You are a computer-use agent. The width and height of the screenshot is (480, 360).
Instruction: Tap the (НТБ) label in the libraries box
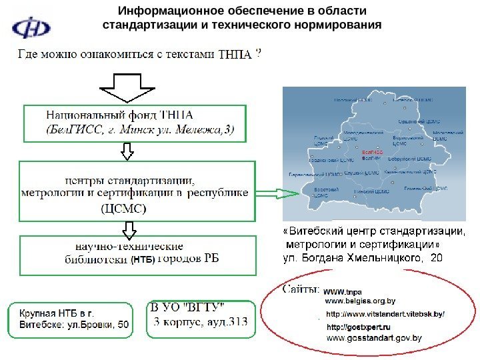[x=142, y=259]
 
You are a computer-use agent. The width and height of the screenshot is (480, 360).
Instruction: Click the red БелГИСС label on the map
[x=370, y=153]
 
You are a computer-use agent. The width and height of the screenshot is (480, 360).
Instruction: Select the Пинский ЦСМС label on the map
[x=371, y=191]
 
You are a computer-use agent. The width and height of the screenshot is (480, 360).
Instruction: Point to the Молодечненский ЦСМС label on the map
[x=363, y=133]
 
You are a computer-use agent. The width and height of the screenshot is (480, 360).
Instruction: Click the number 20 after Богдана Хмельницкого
[x=437, y=257]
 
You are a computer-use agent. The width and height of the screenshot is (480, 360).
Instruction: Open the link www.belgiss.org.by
[x=361, y=301]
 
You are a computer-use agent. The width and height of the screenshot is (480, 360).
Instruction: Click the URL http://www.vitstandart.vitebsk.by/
[x=385, y=313]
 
